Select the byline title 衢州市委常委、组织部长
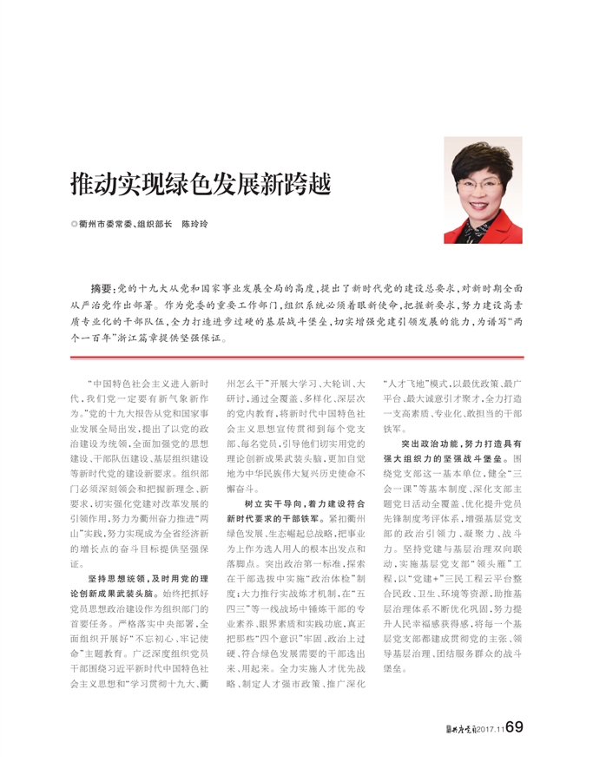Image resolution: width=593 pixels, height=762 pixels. tap(125, 223)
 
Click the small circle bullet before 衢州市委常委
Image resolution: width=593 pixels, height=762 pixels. tap(74, 223)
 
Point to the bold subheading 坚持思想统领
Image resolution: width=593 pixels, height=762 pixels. tap(115, 579)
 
